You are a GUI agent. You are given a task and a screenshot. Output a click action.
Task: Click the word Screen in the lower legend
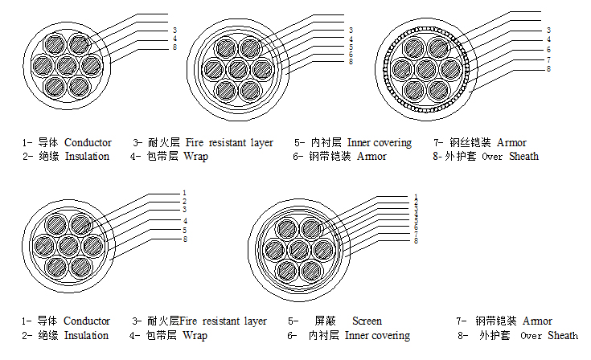[367, 321]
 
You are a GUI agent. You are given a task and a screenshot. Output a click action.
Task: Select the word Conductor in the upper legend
[88, 142]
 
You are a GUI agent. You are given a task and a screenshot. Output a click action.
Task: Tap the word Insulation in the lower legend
[86, 335]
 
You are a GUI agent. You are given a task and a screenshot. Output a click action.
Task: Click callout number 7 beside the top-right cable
[548, 59]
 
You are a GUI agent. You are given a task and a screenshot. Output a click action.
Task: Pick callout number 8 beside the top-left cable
[174, 47]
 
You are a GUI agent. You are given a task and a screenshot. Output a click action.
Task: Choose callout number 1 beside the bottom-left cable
[184, 192]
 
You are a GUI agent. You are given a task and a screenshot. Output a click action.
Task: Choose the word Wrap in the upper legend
[195, 156]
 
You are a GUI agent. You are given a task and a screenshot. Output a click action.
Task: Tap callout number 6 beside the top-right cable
[548, 49]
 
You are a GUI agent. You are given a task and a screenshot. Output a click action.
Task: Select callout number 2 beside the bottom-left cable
[184, 201]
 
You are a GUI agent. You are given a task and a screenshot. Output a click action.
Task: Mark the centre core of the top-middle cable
[240, 68]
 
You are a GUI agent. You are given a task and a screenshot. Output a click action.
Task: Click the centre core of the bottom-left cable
[68, 243]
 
